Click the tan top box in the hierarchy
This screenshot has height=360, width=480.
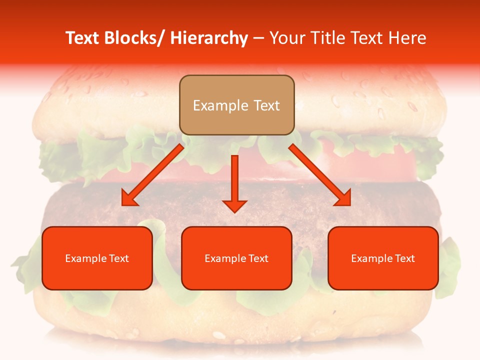click(x=236, y=105)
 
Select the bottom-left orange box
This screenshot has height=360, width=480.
click(x=97, y=258)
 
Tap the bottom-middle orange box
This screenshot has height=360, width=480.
click(x=236, y=258)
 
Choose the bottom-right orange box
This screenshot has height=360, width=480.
click(x=383, y=258)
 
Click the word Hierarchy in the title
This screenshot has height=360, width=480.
click(x=209, y=38)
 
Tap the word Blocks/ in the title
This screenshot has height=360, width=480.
click(x=131, y=38)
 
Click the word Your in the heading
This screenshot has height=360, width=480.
click(x=287, y=38)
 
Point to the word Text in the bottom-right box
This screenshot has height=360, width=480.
click(x=404, y=258)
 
